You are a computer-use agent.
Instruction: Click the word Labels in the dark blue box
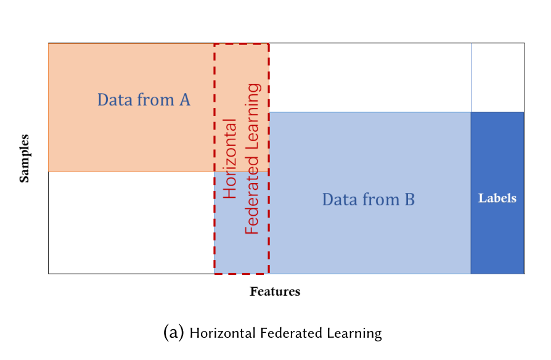tap(497, 198)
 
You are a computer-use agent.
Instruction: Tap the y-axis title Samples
tap(25, 158)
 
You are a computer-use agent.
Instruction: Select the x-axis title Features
tap(275, 292)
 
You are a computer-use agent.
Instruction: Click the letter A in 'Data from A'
tap(184, 99)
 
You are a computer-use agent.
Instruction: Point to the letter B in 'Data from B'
tap(409, 200)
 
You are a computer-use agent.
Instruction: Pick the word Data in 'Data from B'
tap(340, 200)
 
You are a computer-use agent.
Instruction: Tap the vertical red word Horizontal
tap(230, 158)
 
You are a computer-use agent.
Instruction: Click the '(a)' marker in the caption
tap(174, 333)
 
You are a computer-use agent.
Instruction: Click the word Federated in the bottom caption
tap(290, 333)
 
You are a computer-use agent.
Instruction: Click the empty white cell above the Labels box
tap(497, 77)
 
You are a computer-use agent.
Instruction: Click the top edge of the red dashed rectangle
tap(242, 44)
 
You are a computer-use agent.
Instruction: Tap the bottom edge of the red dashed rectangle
tap(242, 273)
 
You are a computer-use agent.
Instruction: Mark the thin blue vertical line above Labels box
tap(471, 77)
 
